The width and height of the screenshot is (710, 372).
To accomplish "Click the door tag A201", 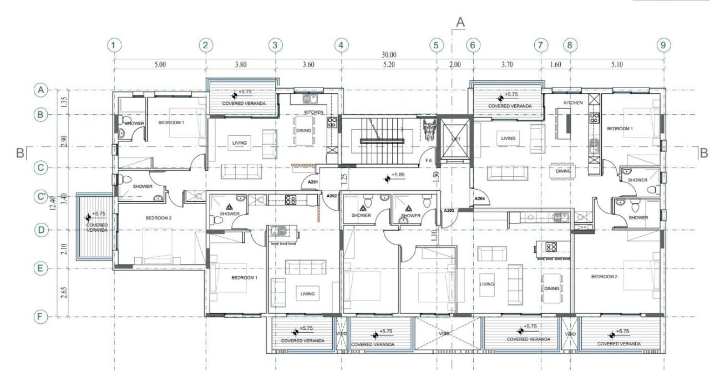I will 313,182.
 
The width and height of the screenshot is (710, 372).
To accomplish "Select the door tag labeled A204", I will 480,199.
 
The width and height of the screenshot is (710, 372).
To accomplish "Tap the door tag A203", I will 449,211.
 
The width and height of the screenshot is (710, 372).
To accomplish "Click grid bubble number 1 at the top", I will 114,45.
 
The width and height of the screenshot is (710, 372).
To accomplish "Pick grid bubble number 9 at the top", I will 662,45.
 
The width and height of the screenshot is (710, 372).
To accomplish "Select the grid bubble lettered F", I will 40,317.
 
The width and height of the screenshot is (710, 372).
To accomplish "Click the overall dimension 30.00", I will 388,54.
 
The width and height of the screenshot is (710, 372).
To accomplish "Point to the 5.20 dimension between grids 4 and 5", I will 389,65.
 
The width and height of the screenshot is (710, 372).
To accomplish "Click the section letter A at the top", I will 459,22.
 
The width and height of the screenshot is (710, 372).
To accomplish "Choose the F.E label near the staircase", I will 429,161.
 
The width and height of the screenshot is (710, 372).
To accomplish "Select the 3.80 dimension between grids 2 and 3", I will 240,65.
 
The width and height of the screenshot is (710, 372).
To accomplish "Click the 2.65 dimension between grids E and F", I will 64,293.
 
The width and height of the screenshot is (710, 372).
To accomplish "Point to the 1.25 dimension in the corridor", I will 344,179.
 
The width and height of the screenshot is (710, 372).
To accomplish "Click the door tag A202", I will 332,196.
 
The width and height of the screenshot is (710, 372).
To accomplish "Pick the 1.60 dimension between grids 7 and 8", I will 555,65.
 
